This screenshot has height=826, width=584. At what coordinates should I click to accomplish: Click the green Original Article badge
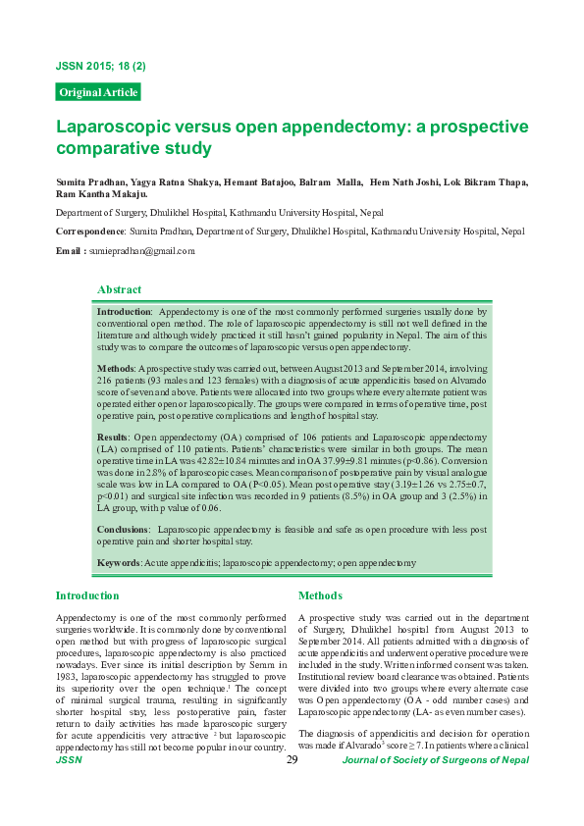(98, 92)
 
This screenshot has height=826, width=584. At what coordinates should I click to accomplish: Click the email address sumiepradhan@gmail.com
(141, 251)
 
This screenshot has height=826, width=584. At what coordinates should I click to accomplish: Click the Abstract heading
(119, 289)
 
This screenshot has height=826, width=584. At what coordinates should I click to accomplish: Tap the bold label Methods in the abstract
(116, 367)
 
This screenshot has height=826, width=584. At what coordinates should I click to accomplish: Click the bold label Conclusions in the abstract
(122, 529)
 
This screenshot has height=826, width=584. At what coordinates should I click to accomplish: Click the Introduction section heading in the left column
(87, 595)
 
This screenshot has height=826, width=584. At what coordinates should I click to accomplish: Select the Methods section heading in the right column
(320, 595)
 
